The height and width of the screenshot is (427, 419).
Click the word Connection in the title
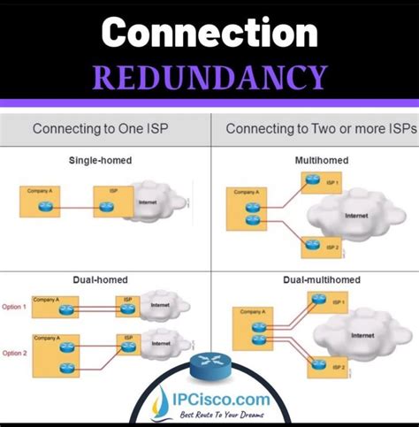(209, 33)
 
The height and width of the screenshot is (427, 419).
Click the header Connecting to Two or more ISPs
(314, 128)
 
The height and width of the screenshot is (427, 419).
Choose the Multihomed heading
(315, 160)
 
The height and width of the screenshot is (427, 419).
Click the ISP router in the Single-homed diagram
(107, 206)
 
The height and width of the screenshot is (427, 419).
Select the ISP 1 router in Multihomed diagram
(311, 179)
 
